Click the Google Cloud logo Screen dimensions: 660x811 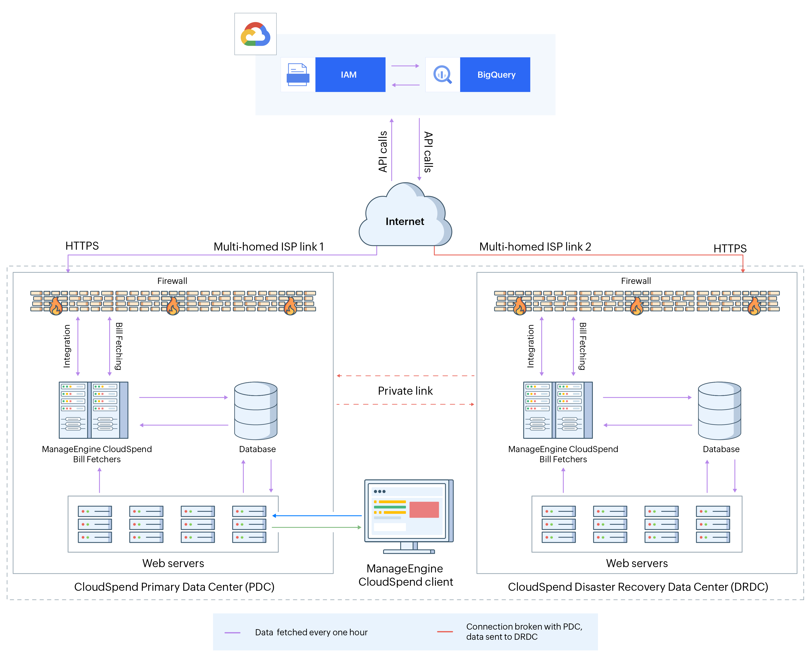(255, 34)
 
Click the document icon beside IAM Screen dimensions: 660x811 (298, 75)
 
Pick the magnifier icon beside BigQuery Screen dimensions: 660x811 (442, 75)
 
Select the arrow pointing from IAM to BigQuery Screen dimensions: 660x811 (405, 66)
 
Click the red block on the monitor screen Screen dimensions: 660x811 (424, 510)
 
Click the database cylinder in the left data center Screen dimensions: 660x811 (256, 411)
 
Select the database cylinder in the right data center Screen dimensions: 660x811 (719, 411)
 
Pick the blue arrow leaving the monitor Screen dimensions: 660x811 (317, 516)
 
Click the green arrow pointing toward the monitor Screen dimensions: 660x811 (317, 527)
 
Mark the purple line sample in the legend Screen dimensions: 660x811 (232, 633)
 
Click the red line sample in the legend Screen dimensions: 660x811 (445, 632)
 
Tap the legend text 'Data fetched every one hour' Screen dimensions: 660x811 (311, 632)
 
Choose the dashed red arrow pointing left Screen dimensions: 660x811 (405, 376)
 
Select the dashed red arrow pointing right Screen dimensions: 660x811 (405, 404)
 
